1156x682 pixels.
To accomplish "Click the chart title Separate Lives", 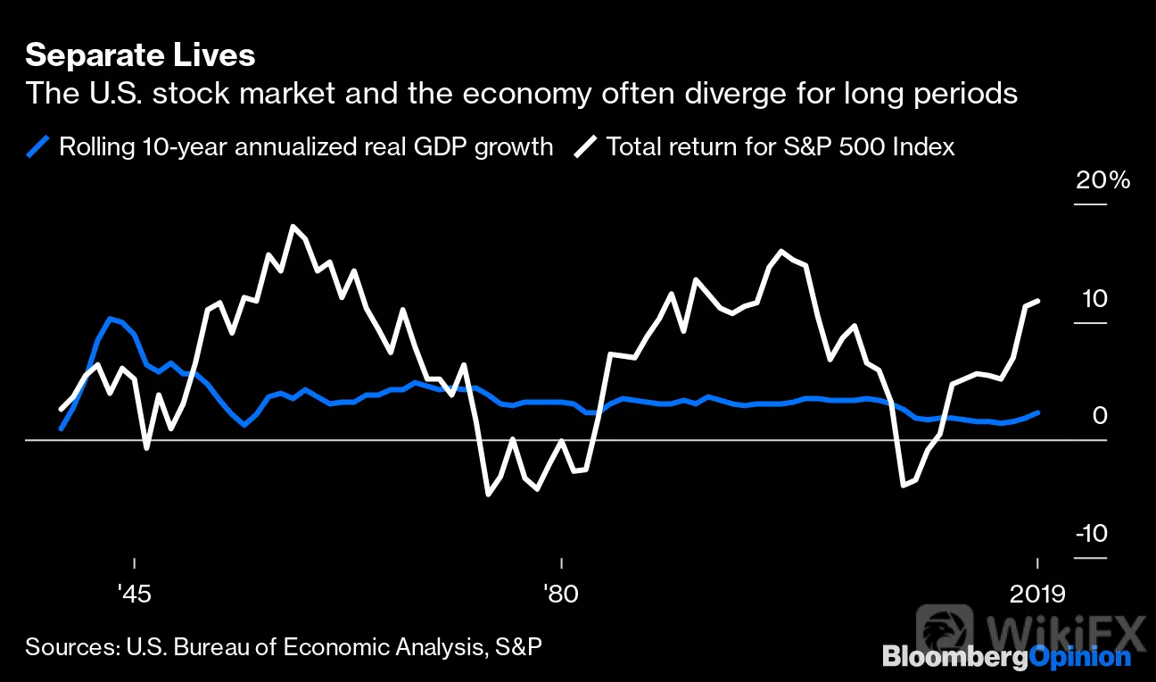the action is coord(140,55).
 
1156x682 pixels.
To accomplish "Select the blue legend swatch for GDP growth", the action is coord(38,146).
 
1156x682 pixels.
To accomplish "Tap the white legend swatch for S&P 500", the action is coord(585,146).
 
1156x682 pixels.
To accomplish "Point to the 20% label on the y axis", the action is coord(1102,179).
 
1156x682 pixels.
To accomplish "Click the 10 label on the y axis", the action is coord(1094,299).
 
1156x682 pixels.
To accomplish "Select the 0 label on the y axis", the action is coord(1100,416).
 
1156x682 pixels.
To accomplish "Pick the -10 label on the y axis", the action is coord(1092,533).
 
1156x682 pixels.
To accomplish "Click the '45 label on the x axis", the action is coord(134,595).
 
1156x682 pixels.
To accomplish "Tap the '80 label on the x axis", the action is coord(561,595).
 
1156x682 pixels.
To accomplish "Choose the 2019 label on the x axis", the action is coord(1037,595).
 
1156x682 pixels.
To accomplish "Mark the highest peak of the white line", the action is coord(293,227).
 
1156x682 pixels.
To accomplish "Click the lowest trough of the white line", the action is coord(488,495).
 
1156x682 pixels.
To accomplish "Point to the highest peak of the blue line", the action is coord(110,319).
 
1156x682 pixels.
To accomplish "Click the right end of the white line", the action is coord(1038,301).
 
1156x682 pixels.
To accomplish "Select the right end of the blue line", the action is coord(1038,412).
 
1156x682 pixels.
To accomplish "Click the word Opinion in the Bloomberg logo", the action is coord(1079,657).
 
